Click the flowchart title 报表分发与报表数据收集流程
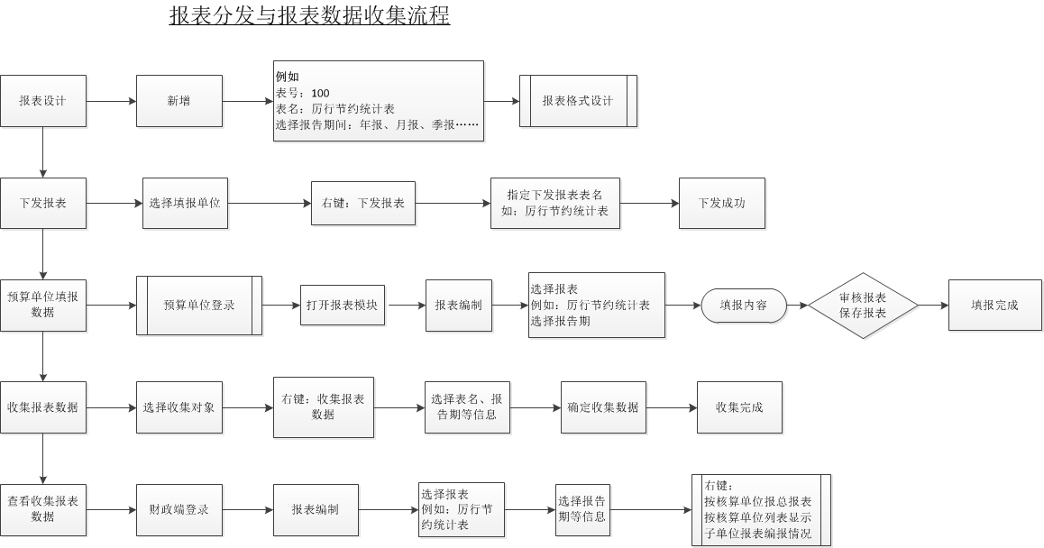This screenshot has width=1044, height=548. tap(309, 16)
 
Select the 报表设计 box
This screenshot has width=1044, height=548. tap(43, 101)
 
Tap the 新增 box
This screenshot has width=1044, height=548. tap(179, 101)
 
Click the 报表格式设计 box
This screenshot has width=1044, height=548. tap(578, 101)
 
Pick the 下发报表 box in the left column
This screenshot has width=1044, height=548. tap(43, 203)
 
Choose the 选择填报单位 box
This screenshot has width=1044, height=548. tap(185, 203)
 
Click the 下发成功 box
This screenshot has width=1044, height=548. tap(721, 203)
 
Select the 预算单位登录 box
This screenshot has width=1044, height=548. tap(199, 305)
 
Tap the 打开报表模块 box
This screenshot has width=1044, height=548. tap(343, 305)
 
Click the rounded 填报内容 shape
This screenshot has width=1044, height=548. tap(744, 305)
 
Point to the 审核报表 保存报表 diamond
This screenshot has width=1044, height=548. tap(863, 305)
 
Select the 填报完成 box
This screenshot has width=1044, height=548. tap(994, 305)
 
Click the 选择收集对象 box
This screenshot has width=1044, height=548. tap(179, 407)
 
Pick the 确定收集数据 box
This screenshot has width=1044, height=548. tap(603, 407)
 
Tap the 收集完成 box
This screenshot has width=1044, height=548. tap(739, 407)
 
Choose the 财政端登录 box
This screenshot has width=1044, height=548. tap(179, 510)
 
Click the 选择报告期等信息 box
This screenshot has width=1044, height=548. tap(582, 510)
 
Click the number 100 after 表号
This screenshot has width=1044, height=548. tap(320, 93)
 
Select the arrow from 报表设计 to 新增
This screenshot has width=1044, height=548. tap(111, 101)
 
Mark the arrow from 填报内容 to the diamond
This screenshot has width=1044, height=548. tap(797, 305)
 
